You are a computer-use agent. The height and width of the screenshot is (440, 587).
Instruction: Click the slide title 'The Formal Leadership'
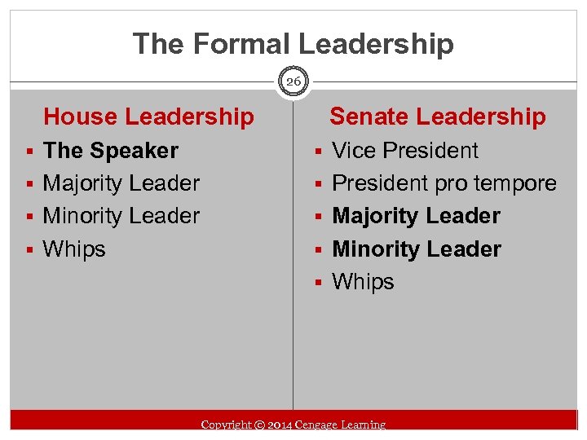(x=293, y=43)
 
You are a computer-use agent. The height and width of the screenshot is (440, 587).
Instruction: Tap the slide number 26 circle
(x=293, y=81)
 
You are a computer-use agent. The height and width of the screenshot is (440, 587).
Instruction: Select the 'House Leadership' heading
(x=148, y=117)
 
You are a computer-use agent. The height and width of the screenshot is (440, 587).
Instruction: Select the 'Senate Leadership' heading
(x=437, y=117)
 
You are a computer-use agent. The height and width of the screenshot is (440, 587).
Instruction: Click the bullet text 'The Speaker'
(x=110, y=151)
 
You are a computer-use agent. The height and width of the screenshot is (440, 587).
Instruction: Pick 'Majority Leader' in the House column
(x=121, y=183)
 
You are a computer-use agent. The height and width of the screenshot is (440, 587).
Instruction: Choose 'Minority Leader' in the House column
(x=121, y=216)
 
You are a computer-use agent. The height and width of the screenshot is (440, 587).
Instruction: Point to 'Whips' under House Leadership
(x=74, y=249)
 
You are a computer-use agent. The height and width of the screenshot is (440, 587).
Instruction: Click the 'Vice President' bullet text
(x=405, y=151)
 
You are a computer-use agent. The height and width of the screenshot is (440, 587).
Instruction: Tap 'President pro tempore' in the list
(x=444, y=183)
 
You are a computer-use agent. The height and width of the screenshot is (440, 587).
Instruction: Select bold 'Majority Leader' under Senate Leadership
(x=417, y=216)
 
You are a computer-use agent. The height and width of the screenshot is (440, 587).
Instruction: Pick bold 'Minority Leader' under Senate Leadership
(x=417, y=249)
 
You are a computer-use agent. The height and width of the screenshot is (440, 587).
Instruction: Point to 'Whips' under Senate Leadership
(x=364, y=282)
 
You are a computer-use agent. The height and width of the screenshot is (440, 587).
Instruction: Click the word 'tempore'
(x=518, y=184)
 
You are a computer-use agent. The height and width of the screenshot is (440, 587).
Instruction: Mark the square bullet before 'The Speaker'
(x=29, y=152)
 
